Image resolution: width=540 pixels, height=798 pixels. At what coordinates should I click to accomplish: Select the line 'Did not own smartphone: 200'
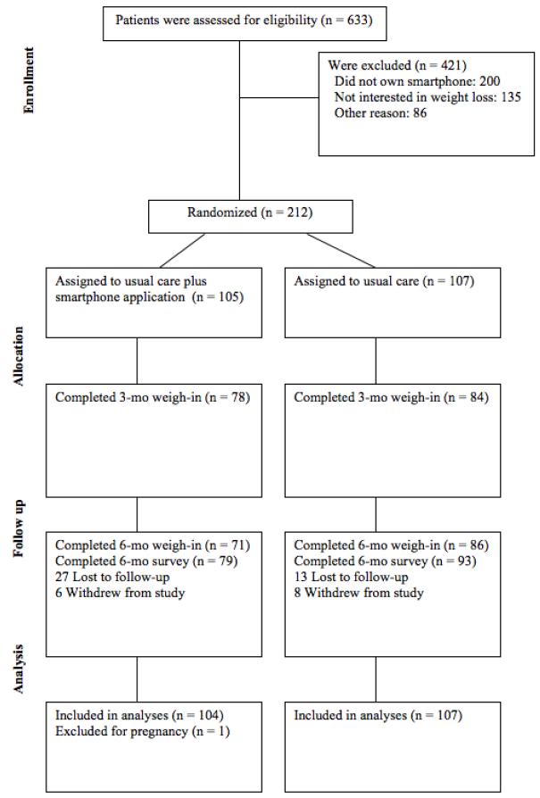tap(417, 81)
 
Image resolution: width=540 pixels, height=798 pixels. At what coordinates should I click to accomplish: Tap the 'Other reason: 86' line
tap(380, 113)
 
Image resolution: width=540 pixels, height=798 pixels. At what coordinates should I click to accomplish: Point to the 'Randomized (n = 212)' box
tap(251, 217)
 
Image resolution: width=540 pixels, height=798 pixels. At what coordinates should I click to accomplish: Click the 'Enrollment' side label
tap(29, 80)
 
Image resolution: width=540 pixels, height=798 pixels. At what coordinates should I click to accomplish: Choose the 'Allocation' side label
tap(19, 356)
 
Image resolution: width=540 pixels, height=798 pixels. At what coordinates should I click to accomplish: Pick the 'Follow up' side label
tap(19, 528)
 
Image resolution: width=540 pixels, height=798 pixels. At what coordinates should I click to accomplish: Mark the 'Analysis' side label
tap(19, 669)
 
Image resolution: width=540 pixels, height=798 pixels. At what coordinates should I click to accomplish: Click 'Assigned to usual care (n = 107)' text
tap(384, 281)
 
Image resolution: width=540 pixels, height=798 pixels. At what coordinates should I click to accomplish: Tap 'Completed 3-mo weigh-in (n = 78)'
tap(152, 397)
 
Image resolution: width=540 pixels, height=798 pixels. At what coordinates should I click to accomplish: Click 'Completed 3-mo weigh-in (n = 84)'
tap(391, 397)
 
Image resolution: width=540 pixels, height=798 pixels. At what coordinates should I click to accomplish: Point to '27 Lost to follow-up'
tap(112, 578)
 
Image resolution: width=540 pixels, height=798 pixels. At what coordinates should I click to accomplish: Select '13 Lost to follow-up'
tap(351, 578)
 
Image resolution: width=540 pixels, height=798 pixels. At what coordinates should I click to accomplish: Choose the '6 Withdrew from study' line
tap(120, 593)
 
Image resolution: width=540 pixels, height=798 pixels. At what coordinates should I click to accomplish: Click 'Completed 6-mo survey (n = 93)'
tap(385, 561)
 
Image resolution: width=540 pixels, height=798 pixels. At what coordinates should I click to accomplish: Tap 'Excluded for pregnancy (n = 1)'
tap(143, 731)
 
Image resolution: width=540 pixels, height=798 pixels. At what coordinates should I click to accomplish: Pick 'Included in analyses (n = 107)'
tap(378, 716)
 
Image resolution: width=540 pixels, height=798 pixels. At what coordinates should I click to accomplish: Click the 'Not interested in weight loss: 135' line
tap(428, 97)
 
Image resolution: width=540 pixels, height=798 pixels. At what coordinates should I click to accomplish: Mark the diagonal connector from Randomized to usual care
tap(340, 251)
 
